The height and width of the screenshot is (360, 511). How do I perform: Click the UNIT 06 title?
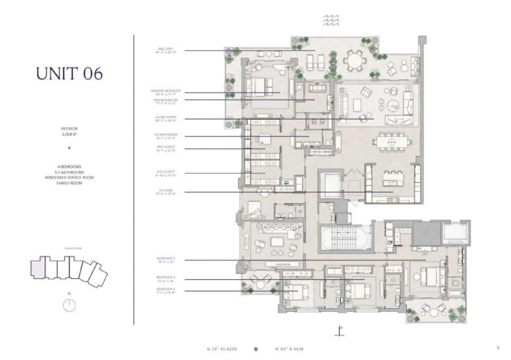tap(69, 73)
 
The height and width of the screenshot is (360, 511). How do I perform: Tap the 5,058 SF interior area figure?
tap(69, 134)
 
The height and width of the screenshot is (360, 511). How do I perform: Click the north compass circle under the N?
tap(69, 306)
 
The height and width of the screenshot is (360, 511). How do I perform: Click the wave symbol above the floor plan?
tap(332, 20)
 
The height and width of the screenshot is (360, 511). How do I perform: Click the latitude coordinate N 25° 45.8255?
tap(225, 349)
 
